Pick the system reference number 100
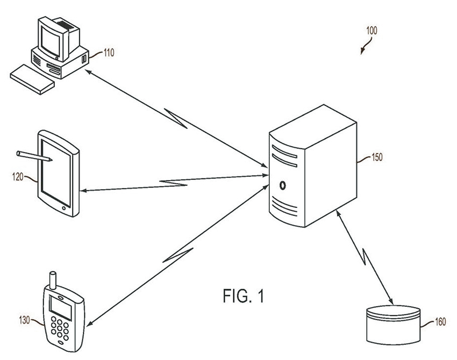point(372,31)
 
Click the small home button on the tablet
point(65,207)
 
